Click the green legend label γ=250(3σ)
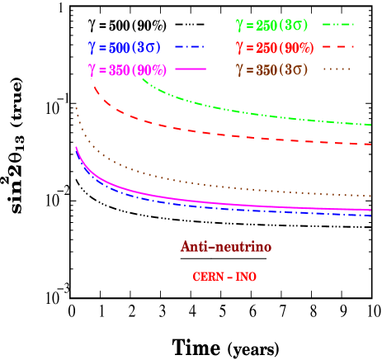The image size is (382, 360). (271, 25)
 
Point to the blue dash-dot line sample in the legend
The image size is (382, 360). (190, 47)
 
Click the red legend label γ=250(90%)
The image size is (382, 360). (274, 47)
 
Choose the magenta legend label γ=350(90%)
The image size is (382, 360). (125, 69)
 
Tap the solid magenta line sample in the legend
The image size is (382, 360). (190, 69)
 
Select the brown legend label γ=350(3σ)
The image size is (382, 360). (273, 69)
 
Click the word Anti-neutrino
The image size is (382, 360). (226, 247)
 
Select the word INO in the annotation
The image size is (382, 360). (246, 277)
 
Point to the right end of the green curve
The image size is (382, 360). (370, 125)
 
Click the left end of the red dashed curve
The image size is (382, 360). (92, 86)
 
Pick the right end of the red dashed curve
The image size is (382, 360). (370, 144)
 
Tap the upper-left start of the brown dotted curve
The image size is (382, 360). (76, 107)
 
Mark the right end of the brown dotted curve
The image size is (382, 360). (370, 197)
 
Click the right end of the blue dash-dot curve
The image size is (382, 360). (370, 216)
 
